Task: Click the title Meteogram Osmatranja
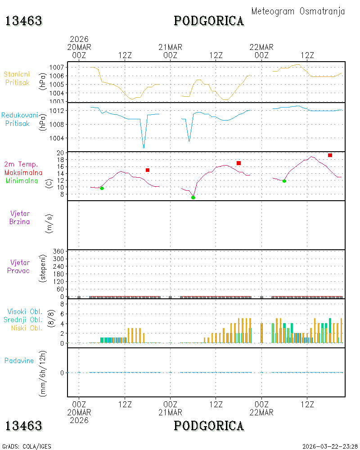tap(298, 12)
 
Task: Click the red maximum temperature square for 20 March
tap(148, 170)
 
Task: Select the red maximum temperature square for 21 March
tap(238, 163)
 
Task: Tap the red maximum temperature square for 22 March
tap(330, 155)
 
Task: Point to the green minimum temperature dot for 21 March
tap(193, 198)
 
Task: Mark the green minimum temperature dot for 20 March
tap(102, 188)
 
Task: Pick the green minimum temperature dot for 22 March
tap(284, 181)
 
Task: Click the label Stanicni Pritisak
tap(17, 78)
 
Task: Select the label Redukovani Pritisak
tap(19, 119)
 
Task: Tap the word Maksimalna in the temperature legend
tap(23, 173)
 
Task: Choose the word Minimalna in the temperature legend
tap(22, 181)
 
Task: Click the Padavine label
tap(19, 361)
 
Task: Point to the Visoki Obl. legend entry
tap(25, 312)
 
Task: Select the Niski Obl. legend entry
tap(27, 328)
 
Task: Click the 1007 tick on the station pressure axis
tap(57, 67)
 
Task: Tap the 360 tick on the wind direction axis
tap(58, 252)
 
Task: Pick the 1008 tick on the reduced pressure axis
tap(57, 125)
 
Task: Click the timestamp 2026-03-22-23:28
tap(330, 446)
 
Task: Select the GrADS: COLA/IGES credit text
tap(27, 446)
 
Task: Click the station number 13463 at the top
tap(24, 21)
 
